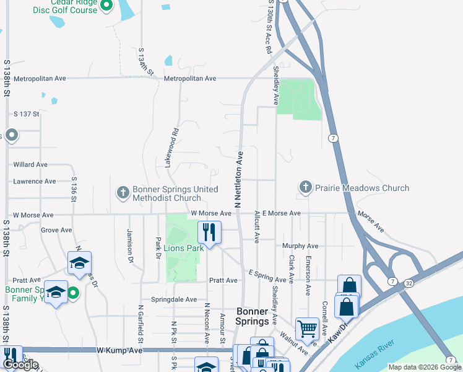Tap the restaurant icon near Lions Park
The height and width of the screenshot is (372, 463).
click(x=210, y=232)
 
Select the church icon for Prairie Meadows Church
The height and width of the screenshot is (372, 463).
click(x=305, y=188)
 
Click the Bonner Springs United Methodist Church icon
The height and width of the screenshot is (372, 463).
click(x=123, y=193)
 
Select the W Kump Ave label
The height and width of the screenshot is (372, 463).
click(x=120, y=350)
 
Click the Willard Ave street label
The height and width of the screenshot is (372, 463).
click(x=30, y=165)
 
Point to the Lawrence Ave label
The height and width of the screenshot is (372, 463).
click(x=35, y=182)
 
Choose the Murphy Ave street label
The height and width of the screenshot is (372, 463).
click(x=300, y=246)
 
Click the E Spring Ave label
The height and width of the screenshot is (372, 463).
click(x=269, y=272)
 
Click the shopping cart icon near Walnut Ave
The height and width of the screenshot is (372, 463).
click(x=307, y=329)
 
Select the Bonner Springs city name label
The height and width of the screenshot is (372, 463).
click(x=254, y=316)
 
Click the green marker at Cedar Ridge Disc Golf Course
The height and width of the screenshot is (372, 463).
click(x=105, y=6)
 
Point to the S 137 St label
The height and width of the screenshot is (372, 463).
click(x=27, y=114)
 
